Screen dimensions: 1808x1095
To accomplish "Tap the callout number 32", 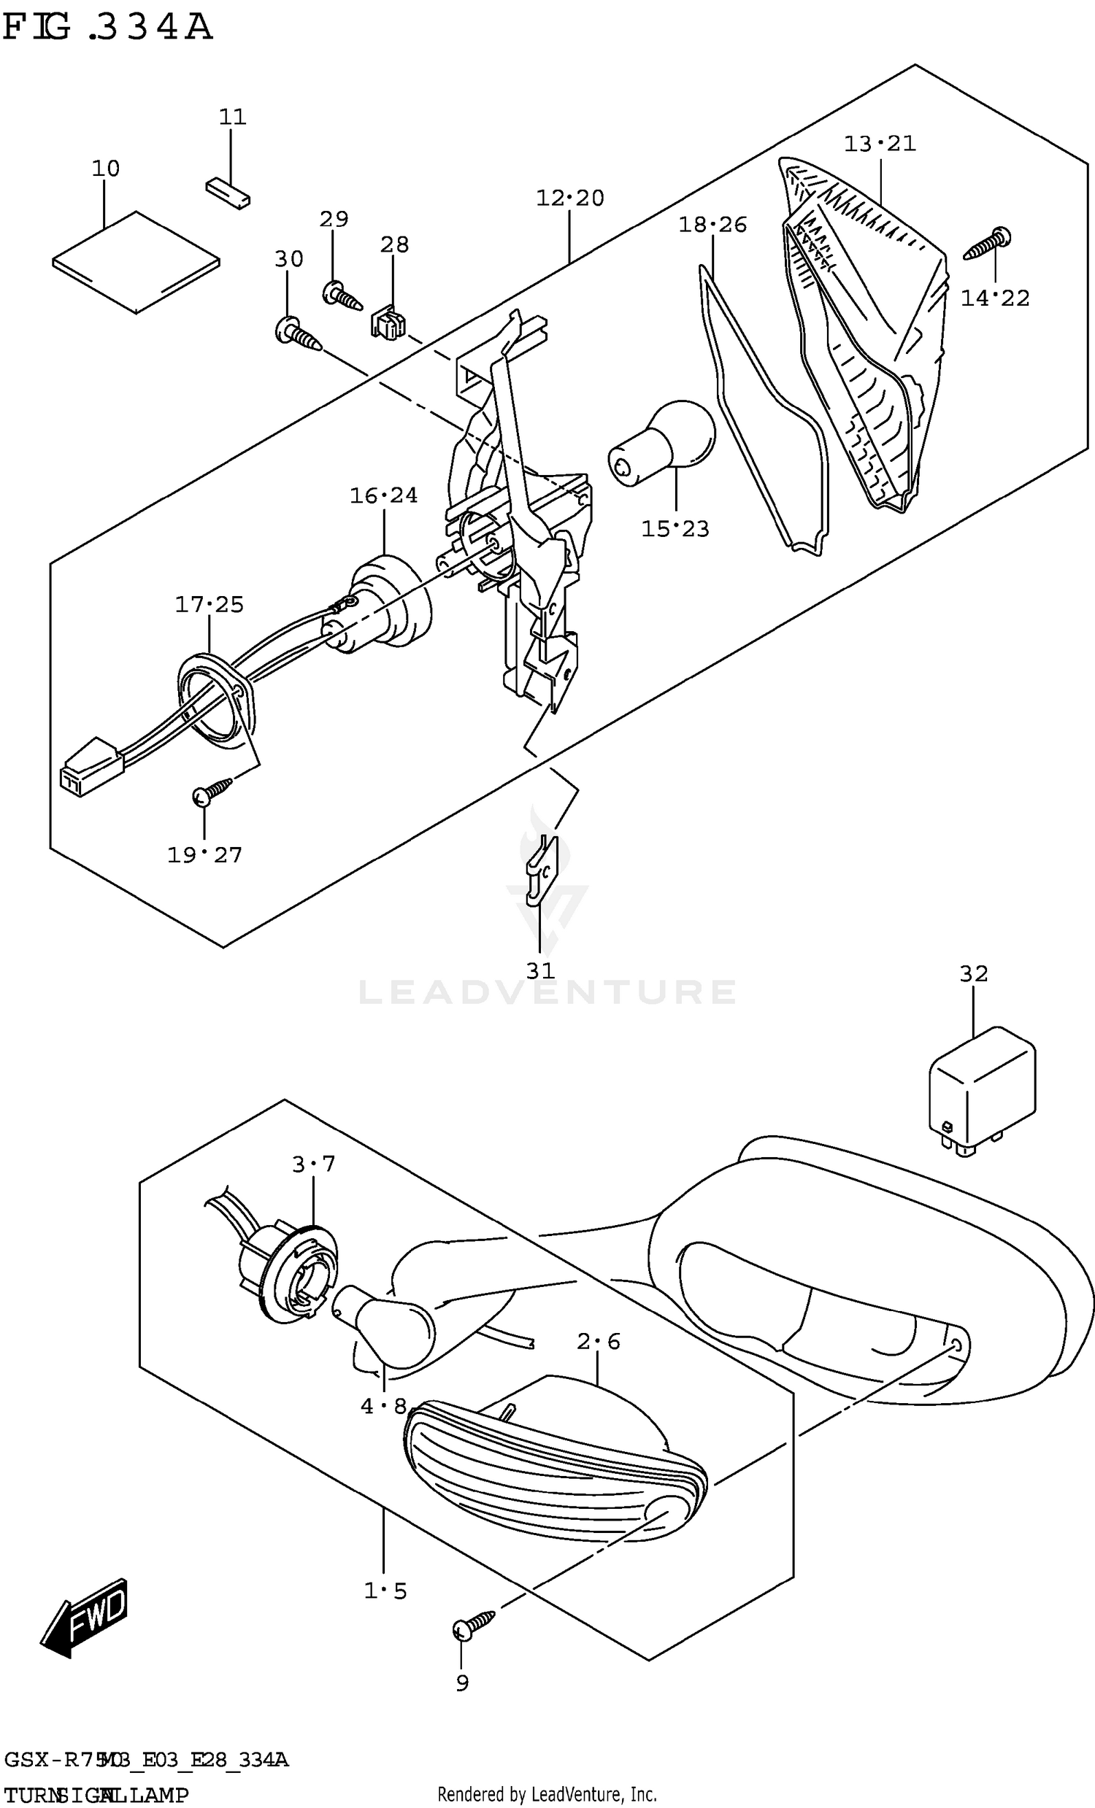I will pyautogui.click(x=973, y=974).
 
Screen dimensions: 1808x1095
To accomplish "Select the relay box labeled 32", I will pyautogui.click(x=981, y=1089).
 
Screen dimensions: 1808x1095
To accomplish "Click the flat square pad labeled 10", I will pyautogui.click(x=137, y=262).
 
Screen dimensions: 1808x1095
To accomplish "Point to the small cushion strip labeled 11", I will pyautogui.click(x=228, y=192).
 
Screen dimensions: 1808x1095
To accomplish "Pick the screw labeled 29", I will pyautogui.click(x=342, y=296).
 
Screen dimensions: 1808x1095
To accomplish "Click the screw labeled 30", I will pyautogui.click(x=298, y=336).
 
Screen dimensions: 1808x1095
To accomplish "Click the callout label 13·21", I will pyautogui.click(x=879, y=143).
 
